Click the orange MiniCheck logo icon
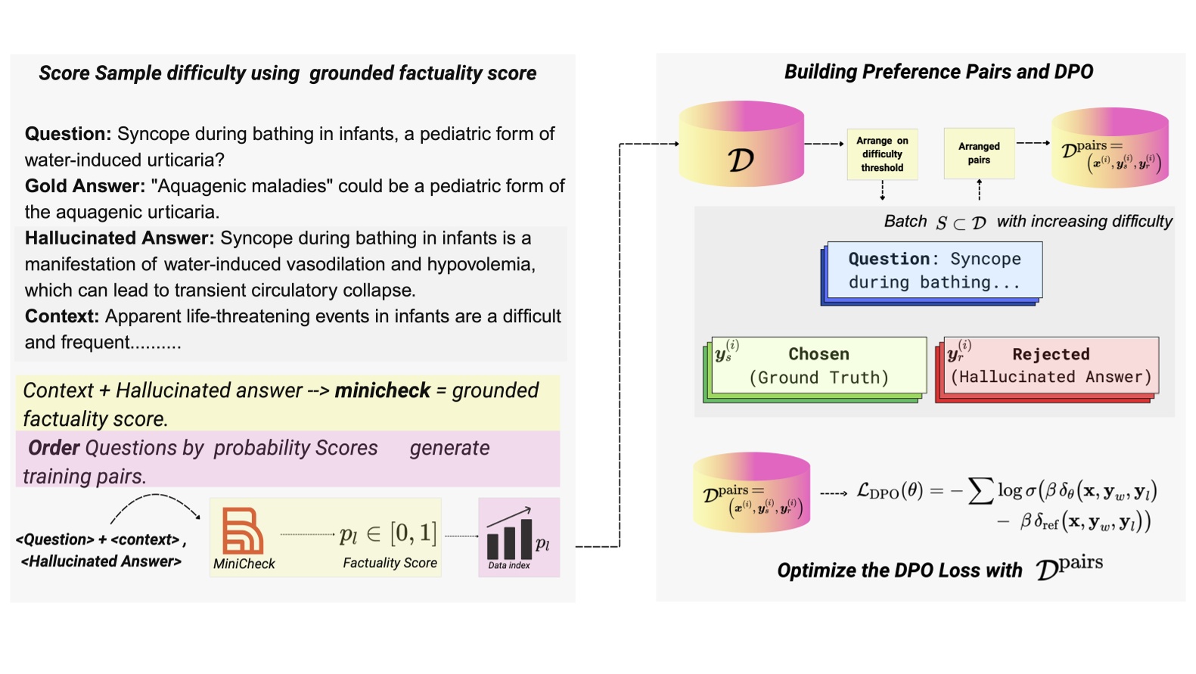[x=242, y=530]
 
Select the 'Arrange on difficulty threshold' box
[x=882, y=154]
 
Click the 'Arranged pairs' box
[x=979, y=154]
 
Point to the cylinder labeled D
[x=741, y=145]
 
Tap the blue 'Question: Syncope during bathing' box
[x=934, y=270]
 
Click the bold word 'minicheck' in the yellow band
[x=382, y=390]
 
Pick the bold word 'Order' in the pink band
[x=54, y=448]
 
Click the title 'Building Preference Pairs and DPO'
[x=938, y=72]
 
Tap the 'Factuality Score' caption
[x=390, y=563]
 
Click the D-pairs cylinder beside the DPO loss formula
[x=751, y=492]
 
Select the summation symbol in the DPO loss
[x=980, y=491]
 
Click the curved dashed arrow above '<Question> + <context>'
[x=155, y=505]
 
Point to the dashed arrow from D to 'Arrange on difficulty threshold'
[x=824, y=144]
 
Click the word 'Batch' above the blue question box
[x=905, y=222]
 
